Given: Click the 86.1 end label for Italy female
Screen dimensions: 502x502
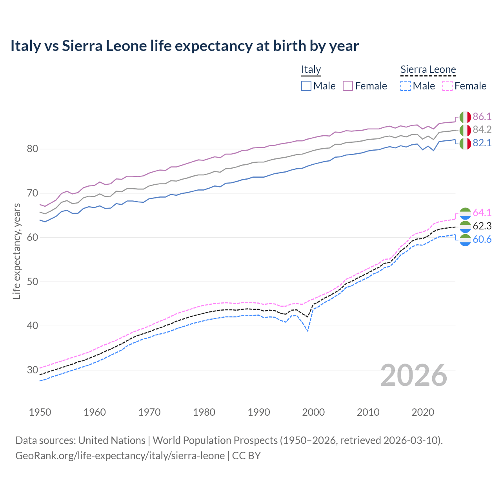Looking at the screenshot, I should click(x=482, y=116).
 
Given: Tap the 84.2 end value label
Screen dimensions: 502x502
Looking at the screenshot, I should click(x=482, y=130).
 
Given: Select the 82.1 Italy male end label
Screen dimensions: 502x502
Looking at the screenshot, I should click(x=482, y=143).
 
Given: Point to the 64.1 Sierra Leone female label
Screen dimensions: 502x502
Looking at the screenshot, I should click(x=482, y=213).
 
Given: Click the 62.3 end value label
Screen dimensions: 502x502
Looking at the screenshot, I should click(x=482, y=226).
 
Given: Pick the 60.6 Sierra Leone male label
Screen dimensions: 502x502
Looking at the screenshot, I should click(x=482, y=239).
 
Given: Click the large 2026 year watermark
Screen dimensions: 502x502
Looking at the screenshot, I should click(x=414, y=375).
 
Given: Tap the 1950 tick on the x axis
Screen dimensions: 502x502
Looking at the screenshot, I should click(x=40, y=412).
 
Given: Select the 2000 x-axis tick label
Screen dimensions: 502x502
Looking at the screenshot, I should click(x=313, y=412).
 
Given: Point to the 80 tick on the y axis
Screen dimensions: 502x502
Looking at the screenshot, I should click(x=33, y=149).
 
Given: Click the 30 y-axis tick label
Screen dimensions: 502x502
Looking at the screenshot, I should click(x=33, y=370).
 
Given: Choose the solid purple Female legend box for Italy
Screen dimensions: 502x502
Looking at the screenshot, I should click(x=348, y=86).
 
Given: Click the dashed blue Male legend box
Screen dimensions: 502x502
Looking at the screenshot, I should click(x=406, y=86).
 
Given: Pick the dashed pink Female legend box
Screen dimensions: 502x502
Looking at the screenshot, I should click(x=447, y=86).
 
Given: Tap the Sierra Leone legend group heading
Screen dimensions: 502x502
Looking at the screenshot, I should click(x=428, y=69).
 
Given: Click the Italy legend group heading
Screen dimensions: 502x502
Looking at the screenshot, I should click(x=311, y=69).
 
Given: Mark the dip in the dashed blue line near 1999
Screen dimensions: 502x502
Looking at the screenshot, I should click(x=308, y=331).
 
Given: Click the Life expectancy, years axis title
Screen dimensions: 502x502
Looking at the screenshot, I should click(x=16, y=251).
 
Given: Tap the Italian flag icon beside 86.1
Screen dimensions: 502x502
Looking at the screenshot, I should click(x=465, y=117).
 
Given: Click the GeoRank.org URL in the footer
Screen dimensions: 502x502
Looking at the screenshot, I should click(x=120, y=456).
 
